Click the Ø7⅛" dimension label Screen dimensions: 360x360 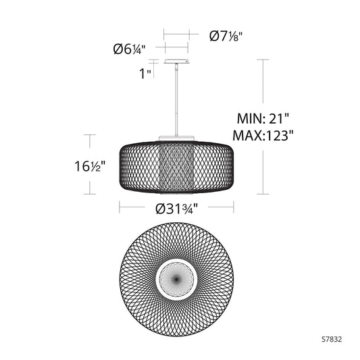(226, 36)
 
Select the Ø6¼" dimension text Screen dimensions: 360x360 (130, 49)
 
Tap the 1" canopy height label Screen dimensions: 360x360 (145, 74)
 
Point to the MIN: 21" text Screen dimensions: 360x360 (263, 119)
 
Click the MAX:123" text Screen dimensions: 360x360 (263, 136)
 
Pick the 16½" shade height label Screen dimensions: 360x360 (90, 166)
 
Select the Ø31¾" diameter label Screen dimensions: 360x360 (176, 209)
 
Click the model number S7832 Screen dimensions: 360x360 (332, 339)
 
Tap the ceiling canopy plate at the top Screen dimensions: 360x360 (176, 61)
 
